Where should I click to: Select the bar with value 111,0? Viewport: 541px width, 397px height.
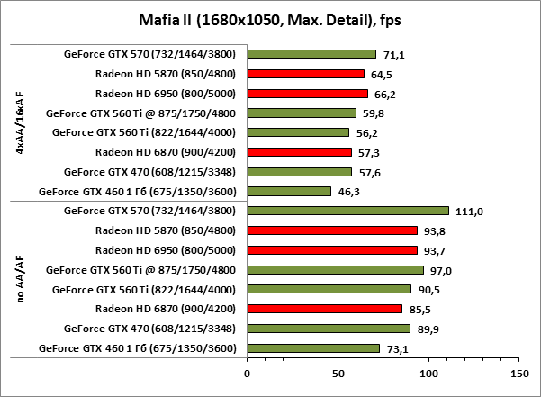(x=347, y=211)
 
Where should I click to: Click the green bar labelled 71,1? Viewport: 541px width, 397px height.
(x=311, y=54)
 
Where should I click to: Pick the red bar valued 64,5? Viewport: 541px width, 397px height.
(x=305, y=74)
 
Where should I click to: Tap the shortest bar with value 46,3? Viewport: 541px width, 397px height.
(x=289, y=191)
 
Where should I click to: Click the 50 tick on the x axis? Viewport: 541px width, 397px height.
(x=338, y=371)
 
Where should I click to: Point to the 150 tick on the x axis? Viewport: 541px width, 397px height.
(x=518, y=371)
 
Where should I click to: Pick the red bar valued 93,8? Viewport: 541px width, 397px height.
(x=332, y=230)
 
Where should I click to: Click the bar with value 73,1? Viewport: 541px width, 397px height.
(x=313, y=347)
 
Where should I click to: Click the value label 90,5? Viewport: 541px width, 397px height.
(x=430, y=289)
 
